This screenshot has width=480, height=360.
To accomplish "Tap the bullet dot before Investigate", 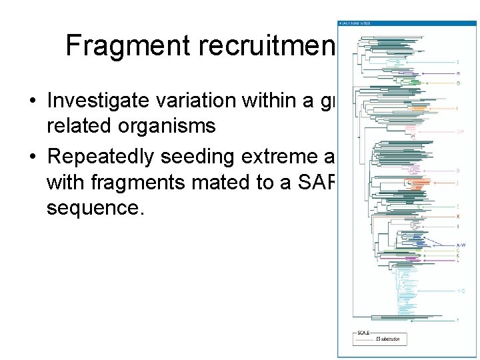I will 32,101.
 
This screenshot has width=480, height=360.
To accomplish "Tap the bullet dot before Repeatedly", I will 32,157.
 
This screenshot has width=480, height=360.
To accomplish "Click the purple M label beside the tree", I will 458,73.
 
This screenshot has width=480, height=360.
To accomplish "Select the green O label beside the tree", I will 458,83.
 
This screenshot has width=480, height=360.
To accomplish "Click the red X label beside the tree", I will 458,217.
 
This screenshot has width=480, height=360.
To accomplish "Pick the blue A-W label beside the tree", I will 460,245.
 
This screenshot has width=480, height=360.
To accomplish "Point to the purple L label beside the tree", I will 458,261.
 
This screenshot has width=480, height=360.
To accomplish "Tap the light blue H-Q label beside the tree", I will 460,291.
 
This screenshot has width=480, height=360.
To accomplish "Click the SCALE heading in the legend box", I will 363,333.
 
